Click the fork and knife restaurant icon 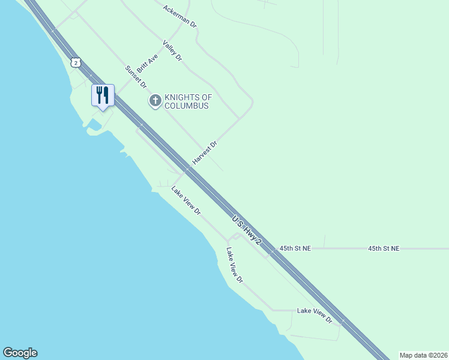(103, 95)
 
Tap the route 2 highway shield (75, 62)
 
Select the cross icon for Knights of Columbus (155, 100)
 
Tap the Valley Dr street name (172, 50)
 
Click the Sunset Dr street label (136, 77)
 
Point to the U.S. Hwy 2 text (247, 230)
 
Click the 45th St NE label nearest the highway (295, 248)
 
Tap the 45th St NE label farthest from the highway (384, 248)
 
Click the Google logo (20, 353)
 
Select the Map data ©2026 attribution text (423, 355)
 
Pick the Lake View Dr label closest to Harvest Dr (185, 201)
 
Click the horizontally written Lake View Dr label (315, 316)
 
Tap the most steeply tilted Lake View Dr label (235, 265)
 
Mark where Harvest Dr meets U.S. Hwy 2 (187, 169)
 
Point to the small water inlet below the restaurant (92, 125)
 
